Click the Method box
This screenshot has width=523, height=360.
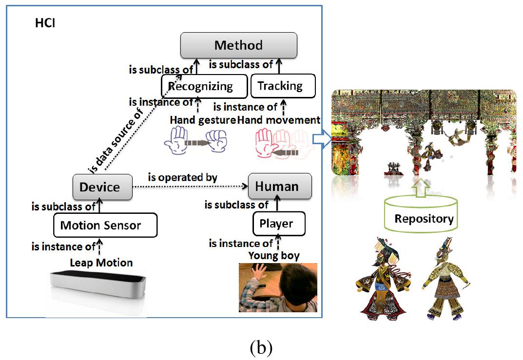[238, 46]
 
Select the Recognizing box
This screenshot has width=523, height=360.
[200, 87]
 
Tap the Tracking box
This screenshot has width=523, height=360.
[283, 86]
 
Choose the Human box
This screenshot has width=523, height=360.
[280, 186]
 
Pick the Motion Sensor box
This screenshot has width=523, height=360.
[105, 226]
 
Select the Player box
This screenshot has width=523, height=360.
[279, 224]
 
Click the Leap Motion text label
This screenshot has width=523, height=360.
[101, 263]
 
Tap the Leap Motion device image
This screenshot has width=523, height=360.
[97, 288]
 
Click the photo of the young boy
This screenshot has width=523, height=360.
[277, 287]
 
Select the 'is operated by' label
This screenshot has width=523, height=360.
[183, 177]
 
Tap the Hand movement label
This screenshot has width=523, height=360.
[279, 120]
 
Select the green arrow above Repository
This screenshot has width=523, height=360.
[423, 185]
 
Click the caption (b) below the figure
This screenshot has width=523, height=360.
[261, 347]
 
